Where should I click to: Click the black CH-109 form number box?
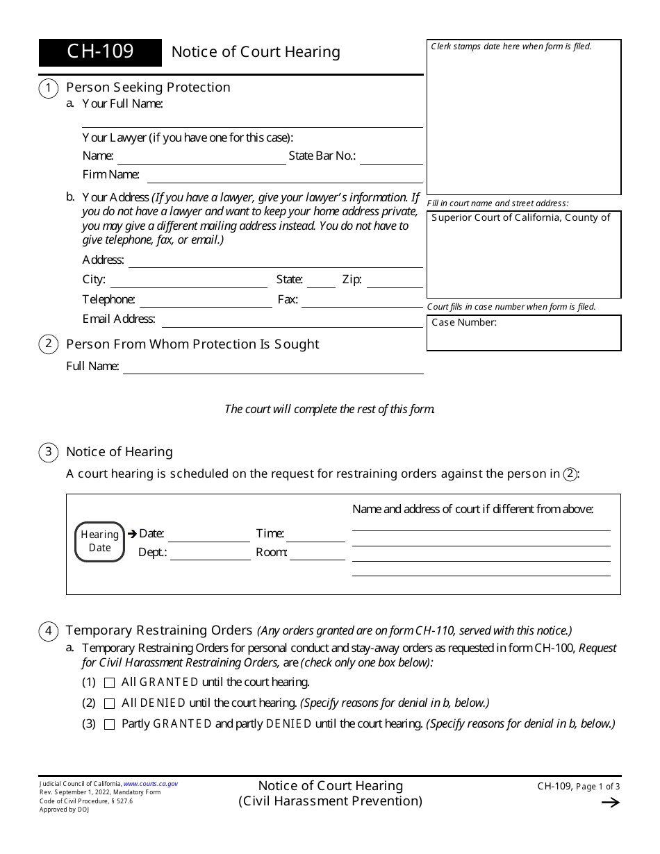pos(100,52)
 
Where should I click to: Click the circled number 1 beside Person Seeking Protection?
pos(48,88)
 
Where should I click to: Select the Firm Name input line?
pos(284,176)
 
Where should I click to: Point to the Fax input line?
pos(362,302)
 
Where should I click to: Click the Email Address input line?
pos(292,321)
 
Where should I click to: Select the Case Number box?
pos(523,333)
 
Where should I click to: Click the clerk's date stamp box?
pos(523,117)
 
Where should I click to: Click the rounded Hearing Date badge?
pos(99,542)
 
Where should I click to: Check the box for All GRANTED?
pos(109,683)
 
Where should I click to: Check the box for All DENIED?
pos(109,703)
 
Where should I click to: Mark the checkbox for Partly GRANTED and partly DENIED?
pos(109,724)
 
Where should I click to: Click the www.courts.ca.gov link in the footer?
pos(151,784)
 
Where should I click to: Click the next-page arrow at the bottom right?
pos(610,803)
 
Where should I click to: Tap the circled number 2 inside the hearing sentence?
pos(570,474)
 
